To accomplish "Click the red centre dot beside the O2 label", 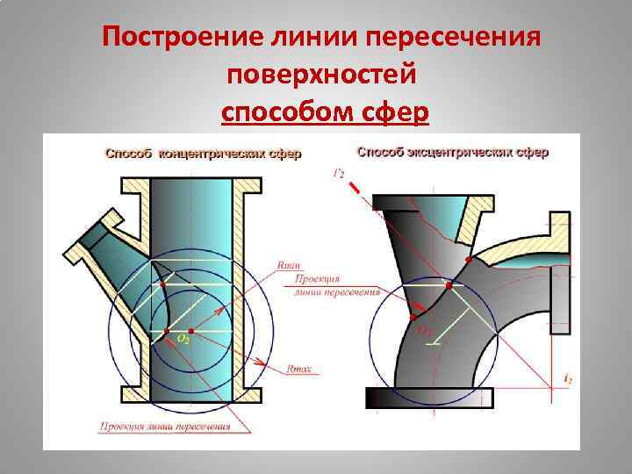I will (167, 331).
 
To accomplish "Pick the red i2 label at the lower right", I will (567, 379).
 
